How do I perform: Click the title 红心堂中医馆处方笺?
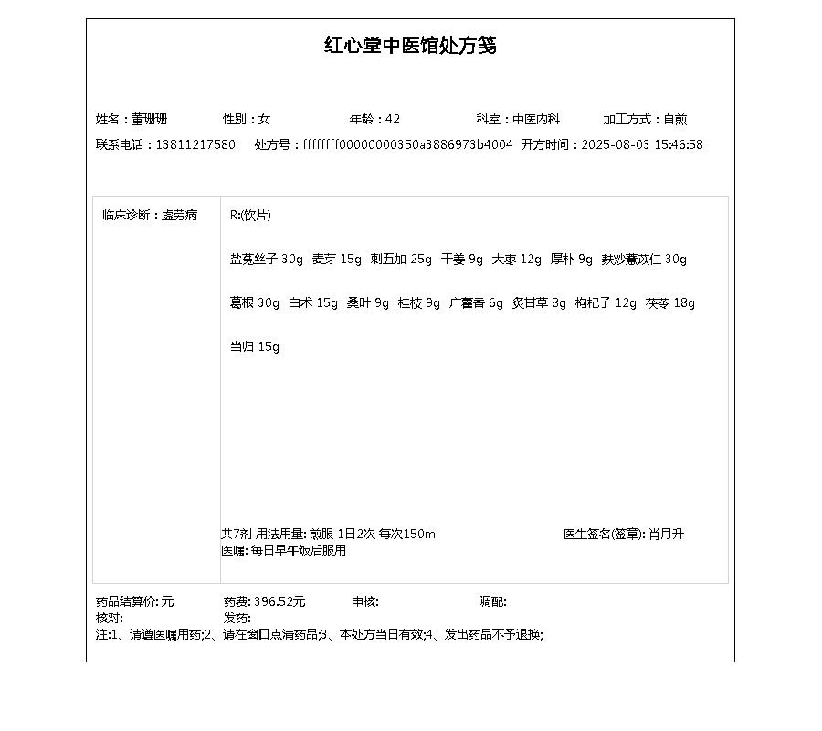pyautogui.click(x=410, y=46)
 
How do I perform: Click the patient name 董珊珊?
pyautogui.click(x=149, y=119)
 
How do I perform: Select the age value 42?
pyautogui.click(x=393, y=119)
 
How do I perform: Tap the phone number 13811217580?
pyautogui.click(x=195, y=144)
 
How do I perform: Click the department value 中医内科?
pyautogui.click(x=535, y=119)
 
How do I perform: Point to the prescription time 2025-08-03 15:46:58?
pyautogui.click(x=642, y=144)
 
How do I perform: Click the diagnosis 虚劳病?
pyautogui.click(x=179, y=216)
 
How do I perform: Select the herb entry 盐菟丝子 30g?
pyautogui.click(x=267, y=260)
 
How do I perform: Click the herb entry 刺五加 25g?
pyautogui.click(x=401, y=260)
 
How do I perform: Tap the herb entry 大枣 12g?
pyautogui.click(x=517, y=260)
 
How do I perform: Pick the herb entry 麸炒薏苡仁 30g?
pyautogui.click(x=644, y=260)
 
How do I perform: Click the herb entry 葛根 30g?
pyautogui.click(x=255, y=303)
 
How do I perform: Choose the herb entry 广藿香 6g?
pyautogui.click(x=476, y=303)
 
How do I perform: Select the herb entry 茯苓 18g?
pyautogui.click(x=669, y=303)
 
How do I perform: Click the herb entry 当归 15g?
pyautogui.click(x=255, y=347)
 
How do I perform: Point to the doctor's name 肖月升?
pyautogui.click(x=666, y=534)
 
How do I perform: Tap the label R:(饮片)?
pyautogui.click(x=250, y=216)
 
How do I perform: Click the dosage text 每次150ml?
pyautogui.click(x=408, y=534)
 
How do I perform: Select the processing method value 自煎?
pyautogui.click(x=675, y=119)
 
